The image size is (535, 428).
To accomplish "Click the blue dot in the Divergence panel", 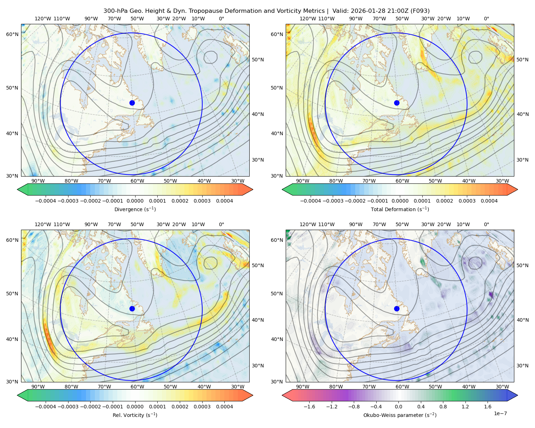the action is coord(132,103).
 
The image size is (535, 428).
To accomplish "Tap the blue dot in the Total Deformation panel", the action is coord(397,103).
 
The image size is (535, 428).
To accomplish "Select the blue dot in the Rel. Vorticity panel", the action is coord(132,309).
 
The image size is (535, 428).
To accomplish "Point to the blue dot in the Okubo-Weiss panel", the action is coord(397,309).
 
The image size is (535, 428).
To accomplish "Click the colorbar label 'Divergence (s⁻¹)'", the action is coord(135,209).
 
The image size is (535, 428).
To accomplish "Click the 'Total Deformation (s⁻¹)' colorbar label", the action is coord(400,209).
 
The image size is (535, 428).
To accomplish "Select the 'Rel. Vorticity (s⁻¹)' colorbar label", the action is coord(135,415).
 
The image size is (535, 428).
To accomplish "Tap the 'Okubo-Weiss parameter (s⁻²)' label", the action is coord(400,415).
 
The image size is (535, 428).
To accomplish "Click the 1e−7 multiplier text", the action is coord(500,413).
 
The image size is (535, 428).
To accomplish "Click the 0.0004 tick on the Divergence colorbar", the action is coord(224,201).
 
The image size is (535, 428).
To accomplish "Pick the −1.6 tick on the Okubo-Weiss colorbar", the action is coord(309,407).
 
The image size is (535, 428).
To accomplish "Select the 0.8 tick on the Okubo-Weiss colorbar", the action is coord(443,407).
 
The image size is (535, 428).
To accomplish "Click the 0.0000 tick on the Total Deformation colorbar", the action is coord(400,201).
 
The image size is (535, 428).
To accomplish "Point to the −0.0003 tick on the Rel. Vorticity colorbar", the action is coord(68,407).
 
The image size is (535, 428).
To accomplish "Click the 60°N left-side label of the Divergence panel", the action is coord(12,34).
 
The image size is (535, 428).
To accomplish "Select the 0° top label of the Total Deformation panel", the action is coord(486,19).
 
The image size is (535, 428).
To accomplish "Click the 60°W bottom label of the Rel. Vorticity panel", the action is coord(137,387).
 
